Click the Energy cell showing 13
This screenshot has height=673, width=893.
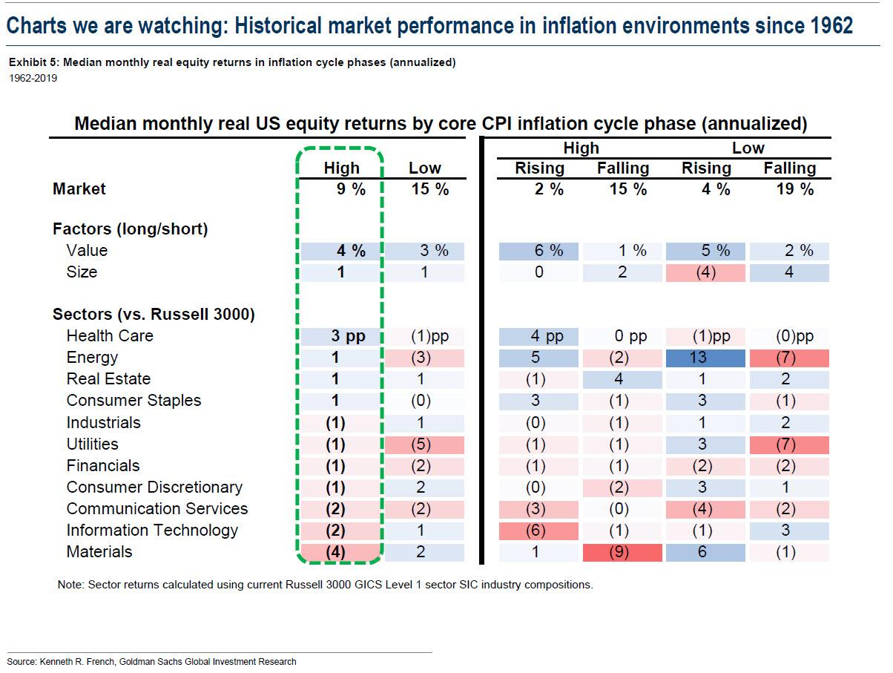coord(706,358)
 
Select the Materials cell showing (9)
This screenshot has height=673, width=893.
coord(622,552)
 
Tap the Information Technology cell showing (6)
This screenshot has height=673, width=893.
coord(539,531)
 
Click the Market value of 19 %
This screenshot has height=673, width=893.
coord(789,189)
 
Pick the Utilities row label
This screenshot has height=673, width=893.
coord(92,444)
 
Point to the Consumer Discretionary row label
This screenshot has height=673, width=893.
coord(154,487)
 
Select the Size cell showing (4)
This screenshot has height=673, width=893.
coord(706,272)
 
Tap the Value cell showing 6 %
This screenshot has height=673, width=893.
coord(539,251)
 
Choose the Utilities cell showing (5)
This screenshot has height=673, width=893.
coord(425,444)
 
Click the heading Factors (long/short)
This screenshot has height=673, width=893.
coord(130,229)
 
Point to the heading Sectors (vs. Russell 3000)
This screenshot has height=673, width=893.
coord(154,315)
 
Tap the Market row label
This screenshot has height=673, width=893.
coord(79,189)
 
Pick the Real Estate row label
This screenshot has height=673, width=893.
coord(108,379)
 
